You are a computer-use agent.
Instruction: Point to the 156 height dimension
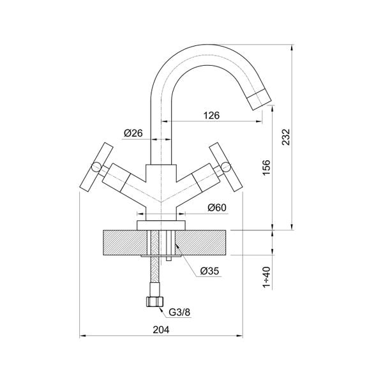[x=267, y=166]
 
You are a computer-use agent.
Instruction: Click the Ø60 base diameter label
[x=218, y=207]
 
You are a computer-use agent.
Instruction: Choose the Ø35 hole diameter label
[x=209, y=270]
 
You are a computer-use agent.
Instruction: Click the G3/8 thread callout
[x=179, y=312]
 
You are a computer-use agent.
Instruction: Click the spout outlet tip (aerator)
[x=260, y=98]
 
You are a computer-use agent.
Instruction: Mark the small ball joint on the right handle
[x=223, y=168]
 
